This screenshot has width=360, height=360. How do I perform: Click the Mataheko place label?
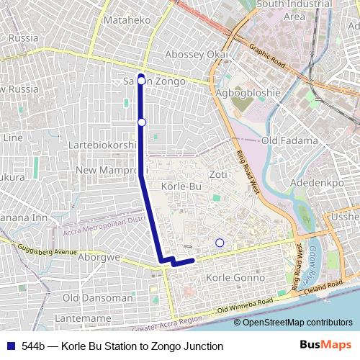126,20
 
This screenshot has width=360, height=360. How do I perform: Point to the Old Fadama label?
289,140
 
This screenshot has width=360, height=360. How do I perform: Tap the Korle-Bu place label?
181,186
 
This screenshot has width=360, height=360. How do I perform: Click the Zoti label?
217,175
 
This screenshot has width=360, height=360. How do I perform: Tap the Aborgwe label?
100,256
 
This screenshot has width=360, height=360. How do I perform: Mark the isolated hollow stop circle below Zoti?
220,243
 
